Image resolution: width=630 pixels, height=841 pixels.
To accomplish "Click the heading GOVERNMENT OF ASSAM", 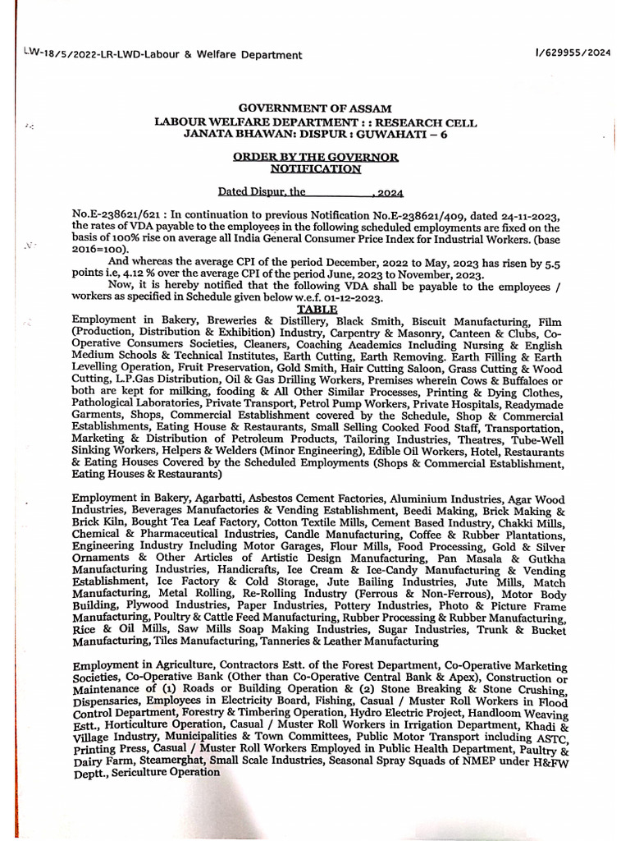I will pyautogui.click(x=315, y=108).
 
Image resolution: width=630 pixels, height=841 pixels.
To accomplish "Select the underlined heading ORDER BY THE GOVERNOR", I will pyautogui.click(x=316, y=156).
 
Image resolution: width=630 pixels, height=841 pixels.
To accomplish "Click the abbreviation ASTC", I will pyautogui.click(x=546, y=737).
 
